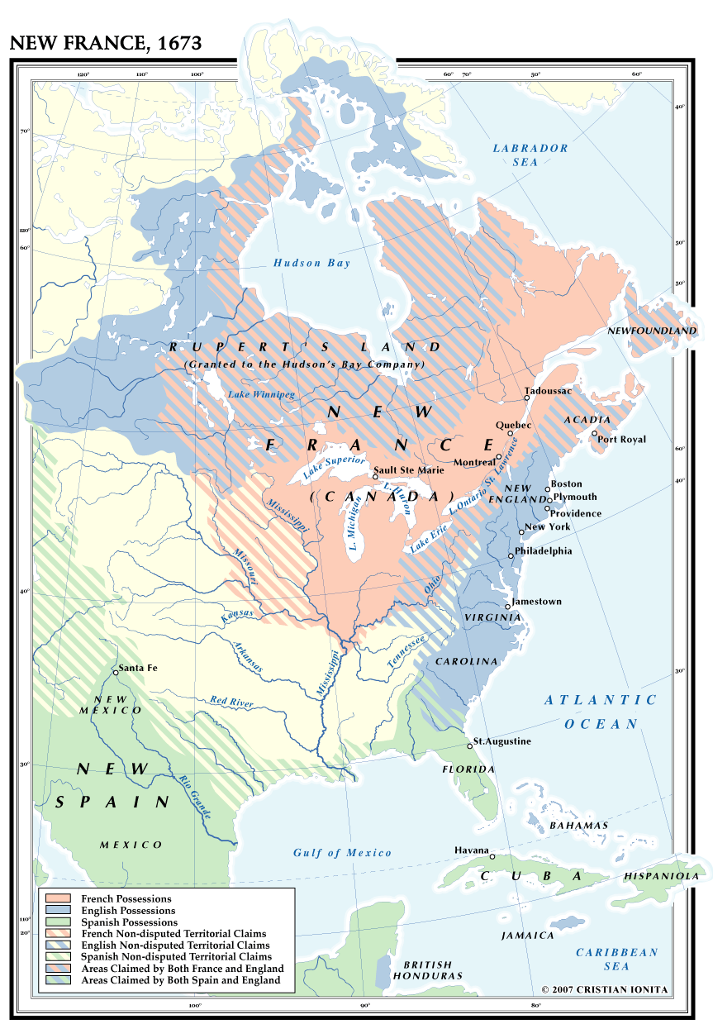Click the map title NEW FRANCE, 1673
coord(106,43)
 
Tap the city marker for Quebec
coord(511,433)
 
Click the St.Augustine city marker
coord(470,745)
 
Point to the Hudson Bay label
coord(312,263)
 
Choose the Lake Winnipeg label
coord(261,395)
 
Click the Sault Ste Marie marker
coord(375,477)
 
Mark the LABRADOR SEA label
coord(530,155)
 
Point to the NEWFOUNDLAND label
coord(652,330)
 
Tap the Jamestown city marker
coord(509,602)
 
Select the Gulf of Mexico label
coord(342,852)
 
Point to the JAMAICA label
coord(527,936)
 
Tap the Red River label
coord(231,702)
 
